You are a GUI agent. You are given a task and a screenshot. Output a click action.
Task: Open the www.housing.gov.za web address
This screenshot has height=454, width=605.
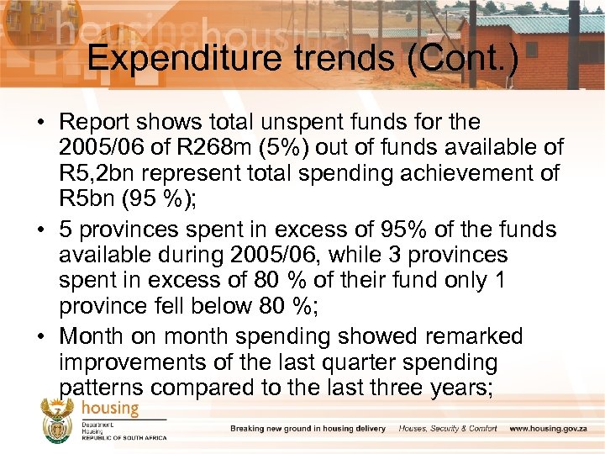coord(549,429)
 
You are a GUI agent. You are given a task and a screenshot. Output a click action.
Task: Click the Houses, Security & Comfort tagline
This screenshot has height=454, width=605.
coord(448,429)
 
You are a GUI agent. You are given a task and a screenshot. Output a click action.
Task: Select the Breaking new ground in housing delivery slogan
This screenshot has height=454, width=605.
coord(308,429)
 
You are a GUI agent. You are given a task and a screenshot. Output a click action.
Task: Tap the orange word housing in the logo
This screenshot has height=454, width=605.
coord(110,407)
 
